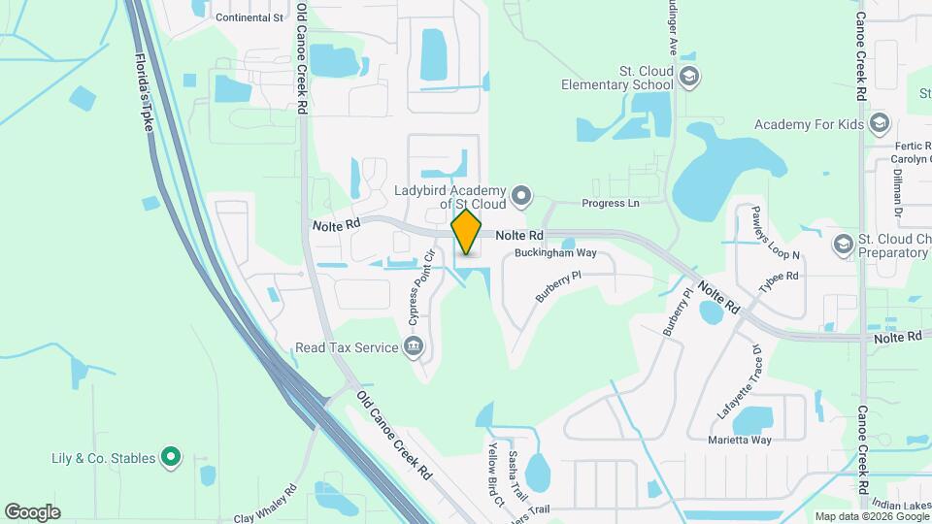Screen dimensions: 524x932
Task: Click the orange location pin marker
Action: tap(467, 233)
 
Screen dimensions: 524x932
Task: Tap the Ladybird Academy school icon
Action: tap(521, 197)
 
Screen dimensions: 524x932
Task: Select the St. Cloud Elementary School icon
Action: tap(688, 77)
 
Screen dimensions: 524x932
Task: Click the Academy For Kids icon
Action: tap(880, 124)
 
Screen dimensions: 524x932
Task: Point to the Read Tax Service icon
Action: tap(414, 347)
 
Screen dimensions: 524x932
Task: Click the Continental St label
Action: tap(250, 17)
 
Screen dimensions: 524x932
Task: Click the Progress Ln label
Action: tap(611, 204)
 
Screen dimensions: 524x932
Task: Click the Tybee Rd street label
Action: tap(779, 277)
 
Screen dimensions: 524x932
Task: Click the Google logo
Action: tap(32, 511)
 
